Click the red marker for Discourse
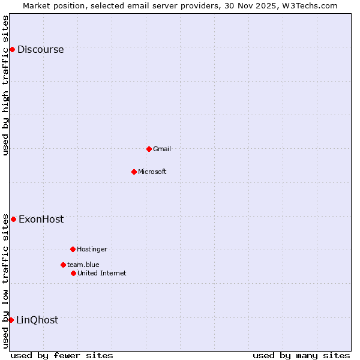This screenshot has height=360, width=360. point(12,49)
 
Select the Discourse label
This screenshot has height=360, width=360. point(40,50)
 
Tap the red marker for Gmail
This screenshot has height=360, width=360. point(149,149)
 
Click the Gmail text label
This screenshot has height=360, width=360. point(162,149)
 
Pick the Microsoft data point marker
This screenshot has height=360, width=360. point(134,172)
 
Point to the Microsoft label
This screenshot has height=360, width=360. point(152,172)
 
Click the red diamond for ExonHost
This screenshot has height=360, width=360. point(13,219)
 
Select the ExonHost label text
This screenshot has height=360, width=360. point(41,220)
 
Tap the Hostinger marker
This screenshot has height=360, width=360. point(73,249)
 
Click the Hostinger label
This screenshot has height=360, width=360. point(92,249)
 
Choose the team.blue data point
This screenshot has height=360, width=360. point(63,265)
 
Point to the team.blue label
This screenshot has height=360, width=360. point(83,265)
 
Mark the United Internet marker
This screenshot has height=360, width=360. point(73,273)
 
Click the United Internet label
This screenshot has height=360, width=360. point(102,273)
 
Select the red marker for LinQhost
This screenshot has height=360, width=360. point(11,320)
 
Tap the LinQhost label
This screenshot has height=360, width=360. point(37,320)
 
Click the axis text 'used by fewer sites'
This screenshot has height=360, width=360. point(62,355)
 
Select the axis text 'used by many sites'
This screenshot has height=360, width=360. point(301,355)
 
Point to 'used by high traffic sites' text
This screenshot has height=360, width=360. point(6,85)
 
